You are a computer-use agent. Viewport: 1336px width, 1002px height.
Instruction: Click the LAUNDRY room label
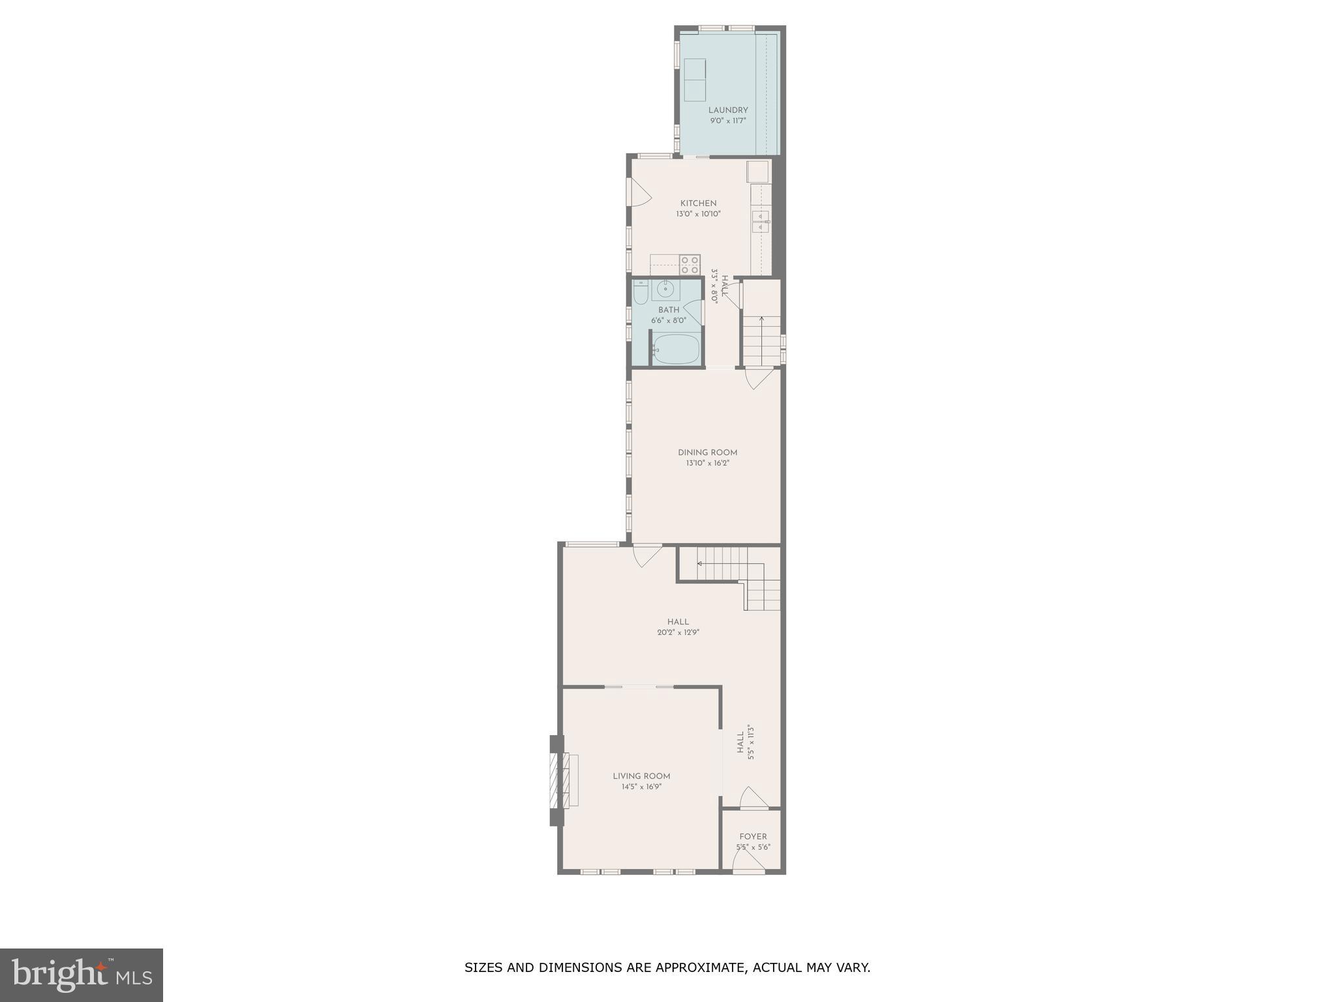tap(728, 110)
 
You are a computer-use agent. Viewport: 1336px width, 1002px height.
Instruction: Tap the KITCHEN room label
tap(698, 203)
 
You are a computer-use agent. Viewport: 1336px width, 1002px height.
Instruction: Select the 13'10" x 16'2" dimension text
tap(707, 463)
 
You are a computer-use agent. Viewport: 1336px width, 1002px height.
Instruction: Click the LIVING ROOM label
tap(641, 776)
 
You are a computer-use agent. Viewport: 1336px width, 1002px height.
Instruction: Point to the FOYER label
tap(753, 836)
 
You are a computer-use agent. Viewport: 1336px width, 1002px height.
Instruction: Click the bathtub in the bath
tap(676, 350)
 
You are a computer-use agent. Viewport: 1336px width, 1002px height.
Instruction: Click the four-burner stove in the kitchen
tap(690, 265)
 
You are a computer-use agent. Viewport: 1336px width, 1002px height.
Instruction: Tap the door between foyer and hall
tap(753, 800)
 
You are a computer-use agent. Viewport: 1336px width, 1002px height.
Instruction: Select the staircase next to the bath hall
tap(761, 339)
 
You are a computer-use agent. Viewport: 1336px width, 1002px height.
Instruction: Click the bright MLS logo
tap(82, 975)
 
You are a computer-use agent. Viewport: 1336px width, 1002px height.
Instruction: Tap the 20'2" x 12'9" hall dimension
tap(678, 632)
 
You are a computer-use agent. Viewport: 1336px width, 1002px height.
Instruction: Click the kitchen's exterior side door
tap(637, 192)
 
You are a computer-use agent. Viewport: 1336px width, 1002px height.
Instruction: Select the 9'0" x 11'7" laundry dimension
tap(728, 121)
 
